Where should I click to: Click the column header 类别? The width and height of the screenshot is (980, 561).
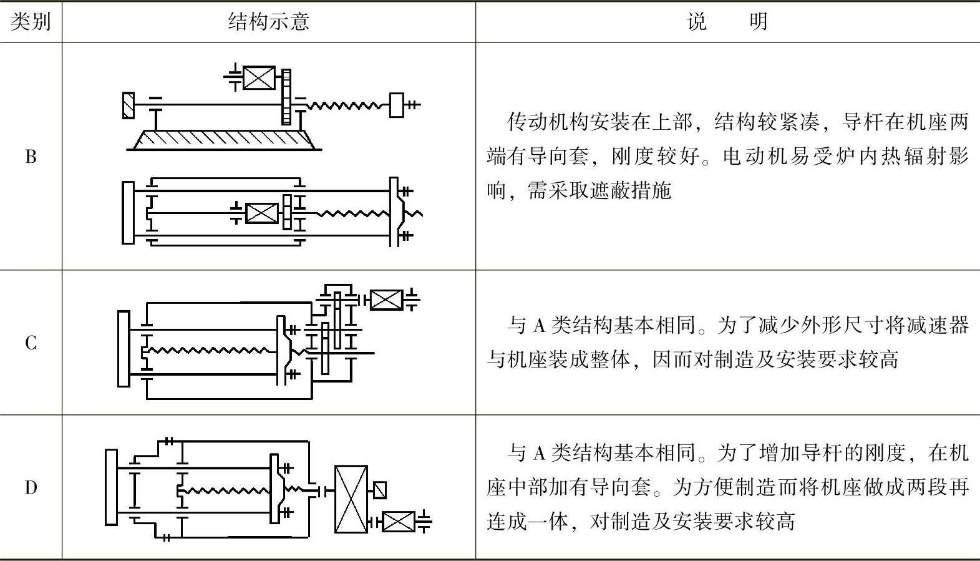31,22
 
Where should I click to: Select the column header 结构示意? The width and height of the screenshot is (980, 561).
269,22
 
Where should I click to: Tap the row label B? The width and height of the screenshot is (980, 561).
31,157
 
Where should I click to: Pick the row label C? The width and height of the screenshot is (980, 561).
31,343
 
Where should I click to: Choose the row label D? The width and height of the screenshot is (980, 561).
31,487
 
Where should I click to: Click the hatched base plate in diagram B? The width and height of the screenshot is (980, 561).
225,140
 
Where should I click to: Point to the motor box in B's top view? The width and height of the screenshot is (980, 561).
259,78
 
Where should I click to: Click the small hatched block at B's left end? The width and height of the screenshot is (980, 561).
129,105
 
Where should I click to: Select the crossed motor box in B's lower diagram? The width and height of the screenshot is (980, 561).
262,213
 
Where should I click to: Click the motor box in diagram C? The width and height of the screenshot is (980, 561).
386,300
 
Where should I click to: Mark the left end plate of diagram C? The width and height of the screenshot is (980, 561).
124,348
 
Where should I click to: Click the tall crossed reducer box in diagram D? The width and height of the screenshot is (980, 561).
351,499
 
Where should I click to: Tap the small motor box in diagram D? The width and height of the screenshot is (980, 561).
398,521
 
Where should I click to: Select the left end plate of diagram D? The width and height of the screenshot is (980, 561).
112,487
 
